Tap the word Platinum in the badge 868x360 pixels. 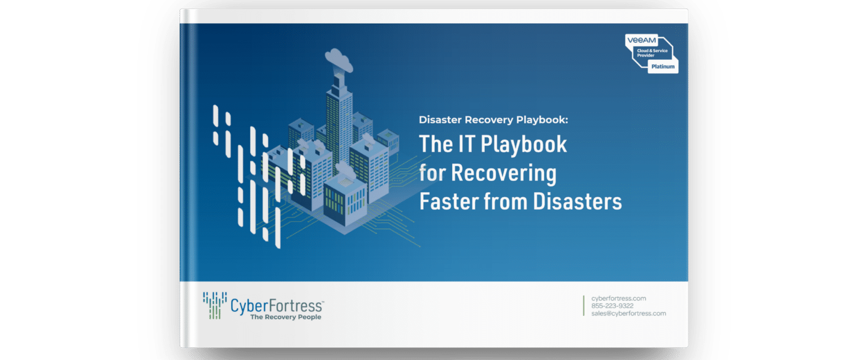(x=662, y=67)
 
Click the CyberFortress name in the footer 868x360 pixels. (x=276, y=306)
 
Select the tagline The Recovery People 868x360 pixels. (x=285, y=317)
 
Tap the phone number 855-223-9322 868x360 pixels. (x=613, y=306)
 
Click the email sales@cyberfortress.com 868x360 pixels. (x=628, y=313)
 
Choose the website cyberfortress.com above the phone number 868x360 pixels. (x=618, y=298)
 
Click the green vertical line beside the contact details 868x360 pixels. (x=584, y=305)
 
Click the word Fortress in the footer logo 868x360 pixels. (x=298, y=306)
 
